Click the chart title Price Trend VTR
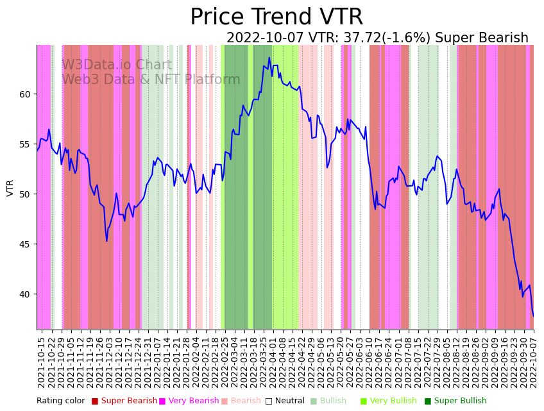tap(276, 17)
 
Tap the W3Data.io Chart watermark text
tap(117, 65)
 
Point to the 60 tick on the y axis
tap(24, 94)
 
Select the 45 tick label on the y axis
tap(24, 244)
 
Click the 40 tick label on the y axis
tap(24, 294)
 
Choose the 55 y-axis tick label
tap(24, 144)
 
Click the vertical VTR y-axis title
tap(10, 187)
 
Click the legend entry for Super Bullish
tap(460, 401)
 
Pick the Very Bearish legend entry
tap(193, 401)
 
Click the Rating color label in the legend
tap(60, 401)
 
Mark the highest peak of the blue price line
tap(269, 58)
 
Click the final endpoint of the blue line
tap(533, 316)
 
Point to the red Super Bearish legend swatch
tap(95, 401)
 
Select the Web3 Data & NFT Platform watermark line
tap(151, 80)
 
